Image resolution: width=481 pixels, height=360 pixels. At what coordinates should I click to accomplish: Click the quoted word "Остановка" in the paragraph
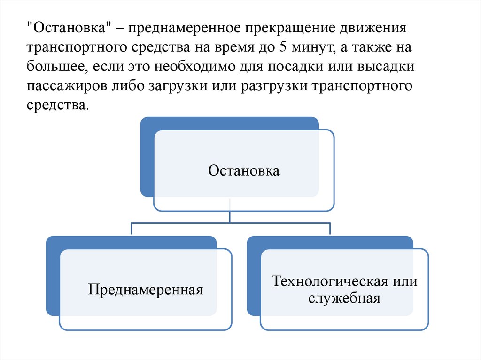70,29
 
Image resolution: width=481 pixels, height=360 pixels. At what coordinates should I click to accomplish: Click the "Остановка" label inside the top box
244,170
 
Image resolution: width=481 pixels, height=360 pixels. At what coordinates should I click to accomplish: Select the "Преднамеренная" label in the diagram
146,289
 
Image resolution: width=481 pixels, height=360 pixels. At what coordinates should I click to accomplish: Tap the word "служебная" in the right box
344,298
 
